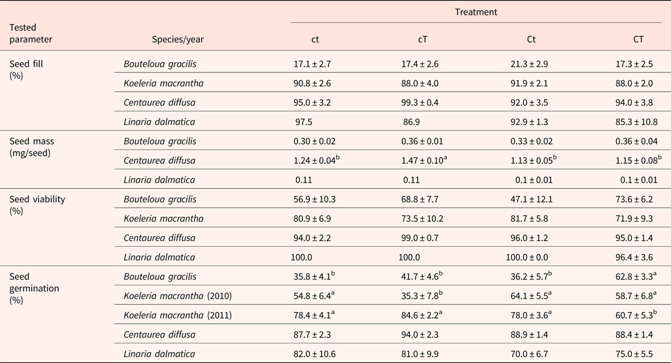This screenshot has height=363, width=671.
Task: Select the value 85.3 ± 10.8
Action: (638, 121)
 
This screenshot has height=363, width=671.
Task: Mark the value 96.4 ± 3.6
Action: (638, 257)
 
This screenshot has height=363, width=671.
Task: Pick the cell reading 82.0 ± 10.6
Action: (315, 353)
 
